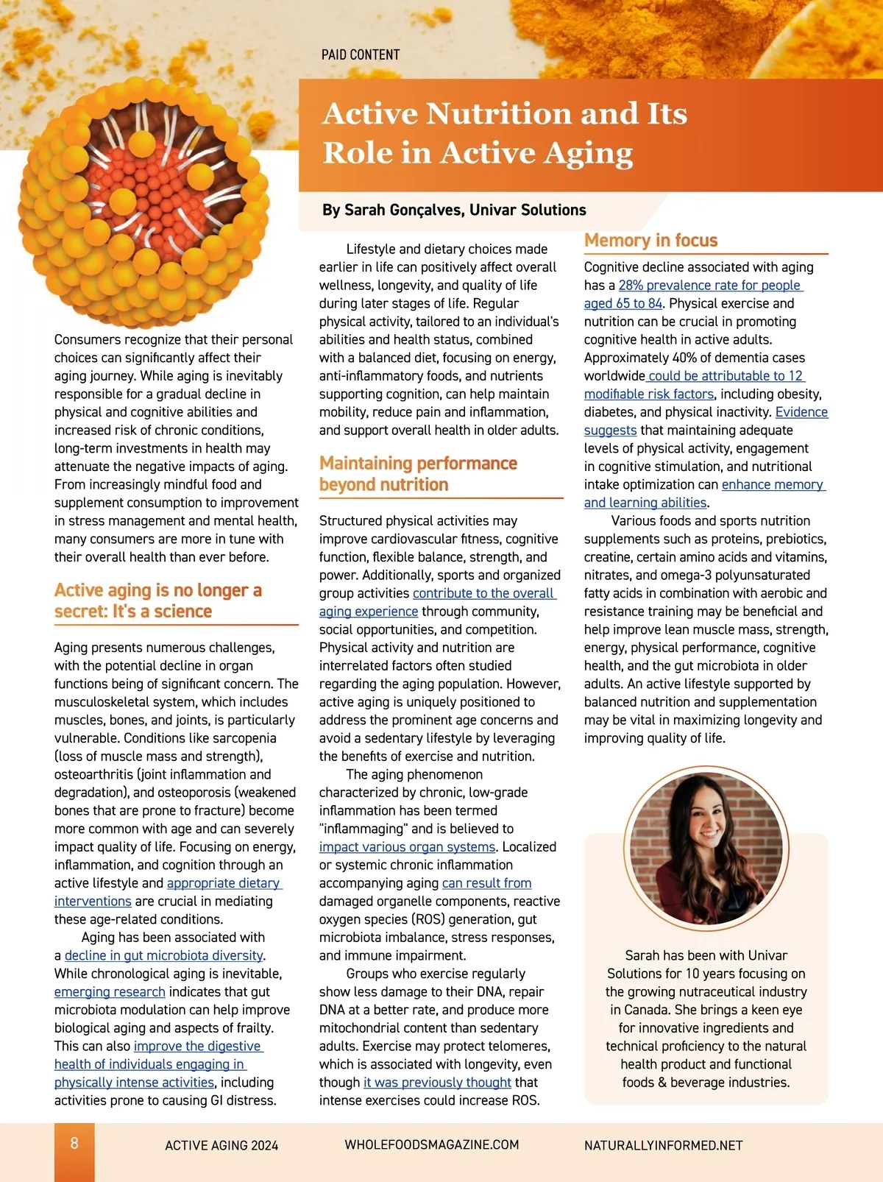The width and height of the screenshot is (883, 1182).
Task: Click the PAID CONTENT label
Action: pyautogui.click(x=361, y=55)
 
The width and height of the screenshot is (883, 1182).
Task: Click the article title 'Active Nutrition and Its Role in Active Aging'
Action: pyautogui.click(x=505, y=133)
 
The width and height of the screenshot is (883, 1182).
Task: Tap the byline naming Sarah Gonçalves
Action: pyautogui.click(x=454, y=210)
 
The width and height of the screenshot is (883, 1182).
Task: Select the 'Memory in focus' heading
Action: pyautogui.click(x=650, y=241)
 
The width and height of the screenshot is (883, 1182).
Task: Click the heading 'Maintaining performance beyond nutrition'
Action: pyautogui.click(x=418, y=474)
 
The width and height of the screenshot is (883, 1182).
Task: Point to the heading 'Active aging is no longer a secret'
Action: pyautogui.click(x=157, y=601)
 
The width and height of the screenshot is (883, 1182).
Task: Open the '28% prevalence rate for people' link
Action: pyautogui.click(x=709, y=286)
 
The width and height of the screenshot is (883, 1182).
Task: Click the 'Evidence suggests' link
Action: pyautogui.click(x=801, y=412)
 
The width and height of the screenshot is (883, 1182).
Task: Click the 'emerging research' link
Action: pyautogui.click(x=110, y=992)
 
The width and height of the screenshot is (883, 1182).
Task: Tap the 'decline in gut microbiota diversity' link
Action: pyautogui.click(x=163, y=956)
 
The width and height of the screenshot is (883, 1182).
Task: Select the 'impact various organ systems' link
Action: pyautogui.click(x=407, y=847)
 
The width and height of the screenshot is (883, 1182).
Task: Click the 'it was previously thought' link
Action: pyautogui.click(x=437, y=1083)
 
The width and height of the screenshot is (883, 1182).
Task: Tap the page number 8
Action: pyautogui.click(x=74, y=1143)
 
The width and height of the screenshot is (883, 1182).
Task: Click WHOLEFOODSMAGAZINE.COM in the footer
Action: pyautogui.click(x=431, y=1145)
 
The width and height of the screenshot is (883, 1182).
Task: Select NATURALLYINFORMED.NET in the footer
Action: pyautogui.click(x=663, y=1146)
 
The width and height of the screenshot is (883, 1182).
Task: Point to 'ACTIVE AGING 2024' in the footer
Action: pyautogui.click(x=221, y=1145)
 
